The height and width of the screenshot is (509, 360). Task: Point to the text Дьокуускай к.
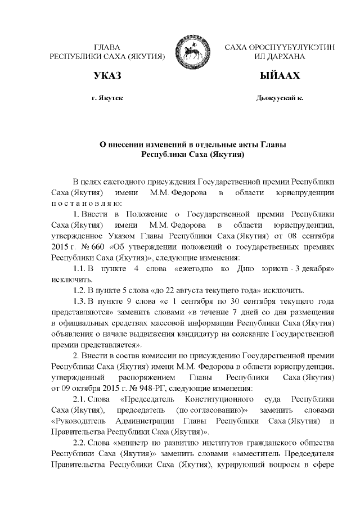click(280, 98)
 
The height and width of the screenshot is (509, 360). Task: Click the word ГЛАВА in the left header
click(107, 47)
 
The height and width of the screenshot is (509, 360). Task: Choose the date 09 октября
click(79, 388)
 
